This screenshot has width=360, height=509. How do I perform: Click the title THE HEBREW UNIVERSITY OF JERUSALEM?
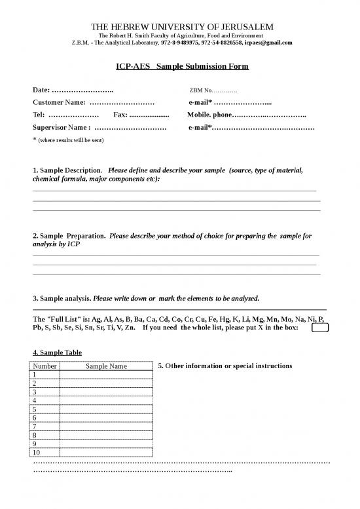180,26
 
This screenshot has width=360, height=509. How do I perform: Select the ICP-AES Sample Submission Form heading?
180,67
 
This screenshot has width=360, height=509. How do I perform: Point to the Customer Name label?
59,102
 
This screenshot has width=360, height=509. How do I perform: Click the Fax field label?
120,115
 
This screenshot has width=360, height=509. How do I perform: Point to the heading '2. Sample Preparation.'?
69,234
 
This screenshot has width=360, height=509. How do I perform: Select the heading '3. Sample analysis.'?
62,297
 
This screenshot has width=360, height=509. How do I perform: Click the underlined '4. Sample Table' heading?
57,352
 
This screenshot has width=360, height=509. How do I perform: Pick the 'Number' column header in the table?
45,366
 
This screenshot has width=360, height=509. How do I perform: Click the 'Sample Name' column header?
106,366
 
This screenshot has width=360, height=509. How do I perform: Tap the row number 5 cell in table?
45,408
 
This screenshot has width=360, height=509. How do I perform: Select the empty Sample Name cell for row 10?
106,452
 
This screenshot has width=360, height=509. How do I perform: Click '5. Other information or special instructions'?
225,366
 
